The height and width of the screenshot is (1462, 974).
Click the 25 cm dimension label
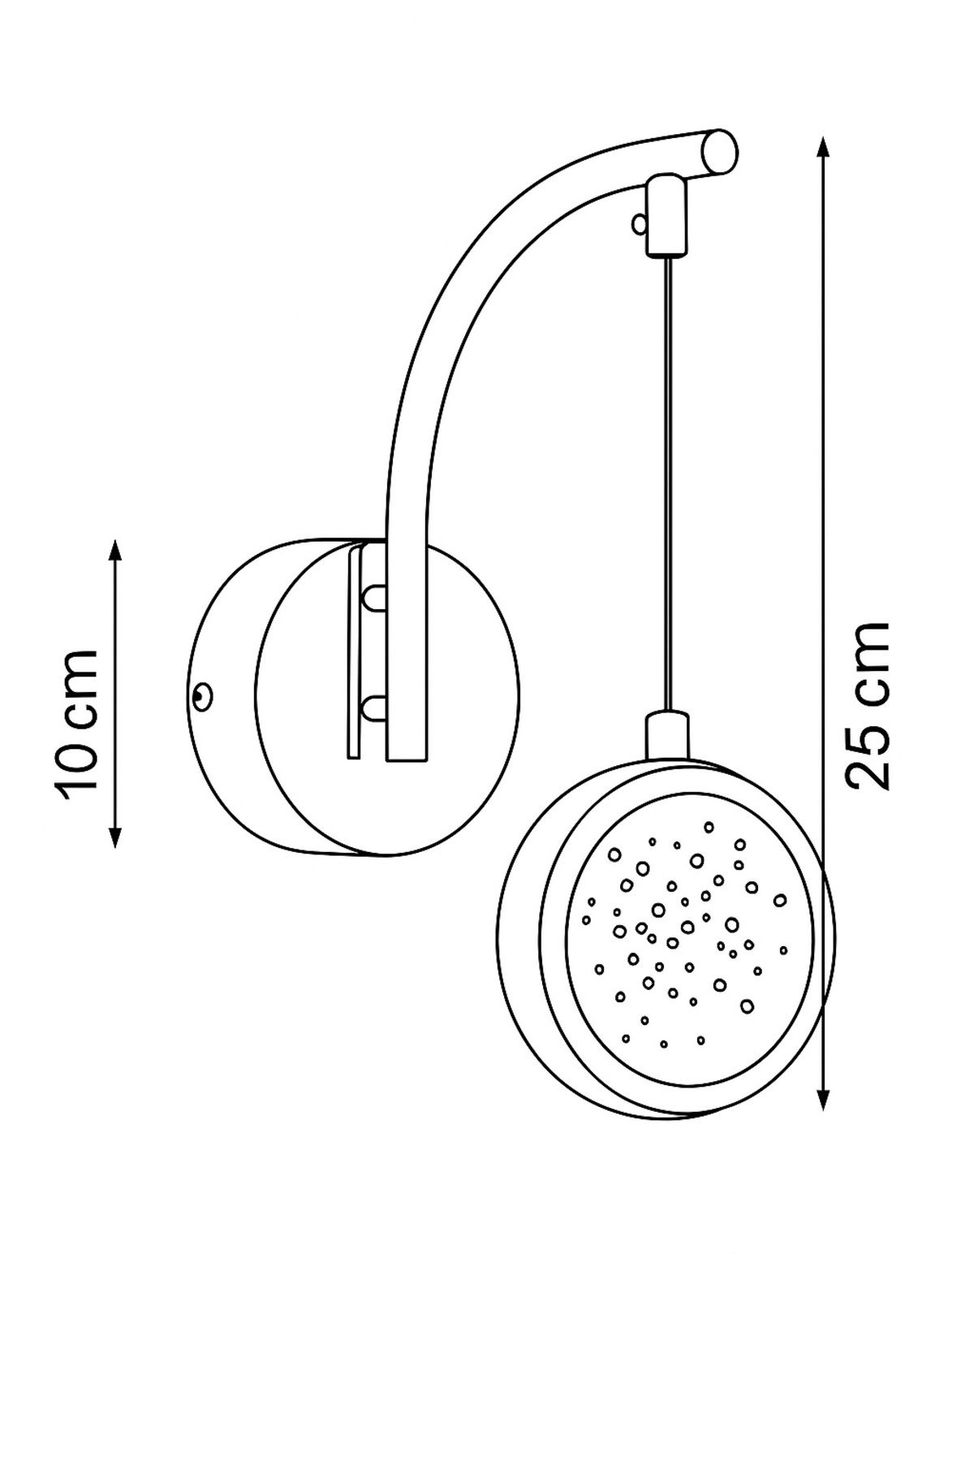[867, 707]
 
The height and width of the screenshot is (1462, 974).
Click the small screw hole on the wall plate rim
[200, 695]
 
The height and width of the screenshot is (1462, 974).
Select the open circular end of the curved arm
[721, 152]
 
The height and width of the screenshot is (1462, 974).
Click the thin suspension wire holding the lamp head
[667, 484]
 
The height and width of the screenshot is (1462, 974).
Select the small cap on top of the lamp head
[667, 736]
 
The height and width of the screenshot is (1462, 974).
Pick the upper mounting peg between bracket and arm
[375, 598]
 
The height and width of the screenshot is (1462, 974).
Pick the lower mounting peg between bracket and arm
[375, 708]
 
